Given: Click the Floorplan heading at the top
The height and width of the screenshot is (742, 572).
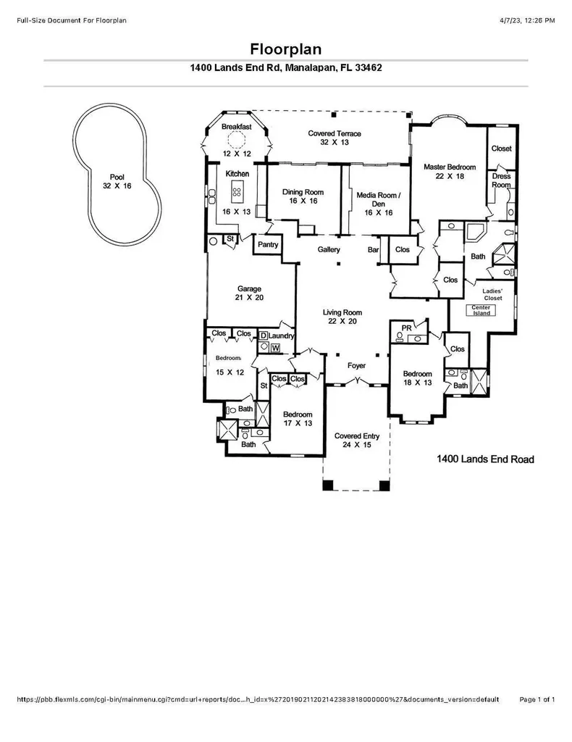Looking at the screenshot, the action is tap(285, 49).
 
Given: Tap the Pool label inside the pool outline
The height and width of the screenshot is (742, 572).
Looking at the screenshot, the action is tap(117, 177).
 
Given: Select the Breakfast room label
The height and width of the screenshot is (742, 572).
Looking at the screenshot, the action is tap(236, 127).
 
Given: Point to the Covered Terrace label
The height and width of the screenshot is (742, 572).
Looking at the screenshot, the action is tap(335, 133).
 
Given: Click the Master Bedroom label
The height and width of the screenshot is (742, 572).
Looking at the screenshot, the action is tap(450, 167).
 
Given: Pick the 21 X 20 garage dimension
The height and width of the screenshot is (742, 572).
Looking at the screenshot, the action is tap(249, 298).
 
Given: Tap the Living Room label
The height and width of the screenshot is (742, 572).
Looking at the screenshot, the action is tap(342, 312).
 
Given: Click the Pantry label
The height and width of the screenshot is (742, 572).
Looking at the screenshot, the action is tap(268, 245).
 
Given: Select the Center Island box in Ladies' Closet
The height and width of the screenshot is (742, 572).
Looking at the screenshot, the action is tap(481, 310).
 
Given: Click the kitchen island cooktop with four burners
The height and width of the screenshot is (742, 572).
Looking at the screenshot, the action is tap(237, 192).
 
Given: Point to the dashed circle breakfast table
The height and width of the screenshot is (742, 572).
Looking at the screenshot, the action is tap(236, 140).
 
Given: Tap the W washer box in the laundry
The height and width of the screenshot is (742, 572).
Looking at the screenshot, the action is tap(276, 349).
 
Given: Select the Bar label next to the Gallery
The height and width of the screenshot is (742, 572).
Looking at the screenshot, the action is tap(373, 249).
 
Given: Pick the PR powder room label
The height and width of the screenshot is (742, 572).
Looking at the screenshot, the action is tap(406, 328).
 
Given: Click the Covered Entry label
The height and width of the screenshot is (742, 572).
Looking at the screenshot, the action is tap(357, 436).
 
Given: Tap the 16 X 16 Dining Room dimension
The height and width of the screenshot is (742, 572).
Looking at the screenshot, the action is tap(303, 201).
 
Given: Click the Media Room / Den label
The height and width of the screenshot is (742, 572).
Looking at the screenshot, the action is tap(379, 199).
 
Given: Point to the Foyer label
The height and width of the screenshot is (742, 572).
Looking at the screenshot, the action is tap(356, 366).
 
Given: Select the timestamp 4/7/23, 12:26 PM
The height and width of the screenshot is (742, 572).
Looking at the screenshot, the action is tap(527, 20).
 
